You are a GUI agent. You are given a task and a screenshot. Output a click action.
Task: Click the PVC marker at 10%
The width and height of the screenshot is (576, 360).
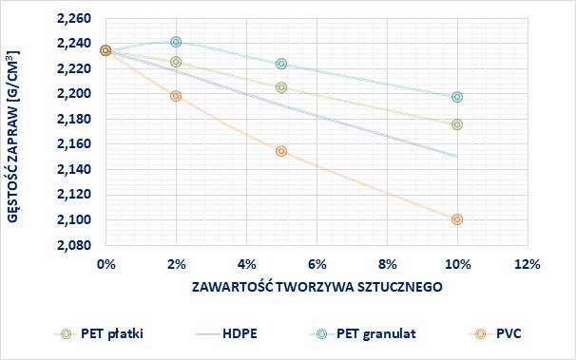[x=457, y=219]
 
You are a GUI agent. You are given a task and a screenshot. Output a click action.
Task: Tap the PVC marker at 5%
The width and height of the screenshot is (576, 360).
[x=281, y=151]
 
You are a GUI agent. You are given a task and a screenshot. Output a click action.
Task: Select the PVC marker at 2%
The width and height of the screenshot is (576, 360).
[x=176, y=96]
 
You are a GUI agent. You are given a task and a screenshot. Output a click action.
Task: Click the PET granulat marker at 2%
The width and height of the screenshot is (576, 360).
[x=176, y=42]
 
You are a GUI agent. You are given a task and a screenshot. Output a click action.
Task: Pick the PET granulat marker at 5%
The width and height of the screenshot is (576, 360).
[x=281, y=64]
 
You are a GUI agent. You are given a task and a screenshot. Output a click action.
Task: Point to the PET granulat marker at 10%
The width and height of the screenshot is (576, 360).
[x=457, y=97]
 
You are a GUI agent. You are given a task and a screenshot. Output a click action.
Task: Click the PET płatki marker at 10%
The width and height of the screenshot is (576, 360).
[x=457, y=124]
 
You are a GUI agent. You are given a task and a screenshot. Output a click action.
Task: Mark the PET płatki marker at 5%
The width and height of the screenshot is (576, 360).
[x=281, y=87]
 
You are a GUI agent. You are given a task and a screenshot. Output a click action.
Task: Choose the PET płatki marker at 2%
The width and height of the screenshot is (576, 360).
[x=176, y=62]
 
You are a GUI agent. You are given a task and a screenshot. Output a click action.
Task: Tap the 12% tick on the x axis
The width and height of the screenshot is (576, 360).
[x=528, y=262]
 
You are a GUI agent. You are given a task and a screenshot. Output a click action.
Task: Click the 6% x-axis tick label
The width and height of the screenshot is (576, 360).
[x=317, y=262]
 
